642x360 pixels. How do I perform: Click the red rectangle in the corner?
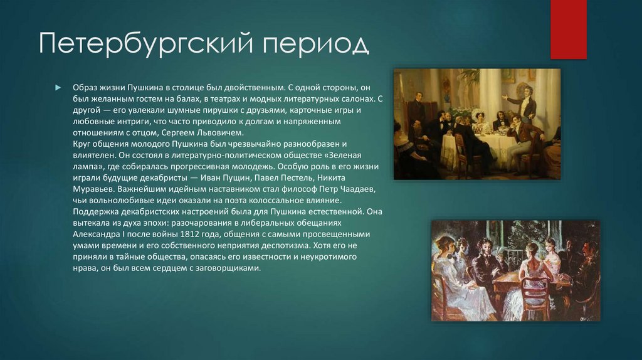click(568, 29)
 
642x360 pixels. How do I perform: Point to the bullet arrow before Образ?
click(58, 87)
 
